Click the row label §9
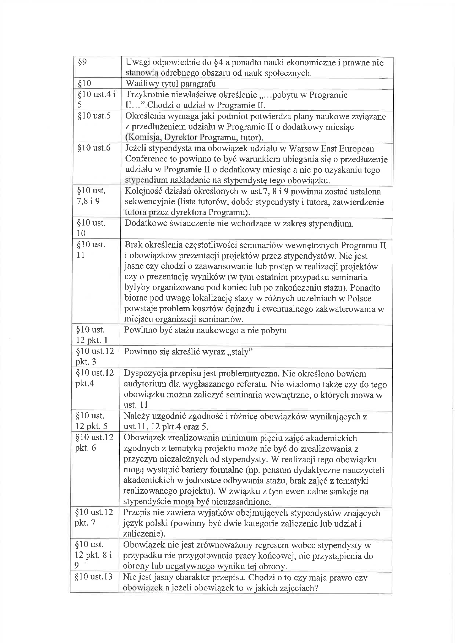point(82,62)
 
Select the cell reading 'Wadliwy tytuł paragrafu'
point(171,83)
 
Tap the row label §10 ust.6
point(94,148)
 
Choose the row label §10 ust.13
point(93,577)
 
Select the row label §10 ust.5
point(94,116)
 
